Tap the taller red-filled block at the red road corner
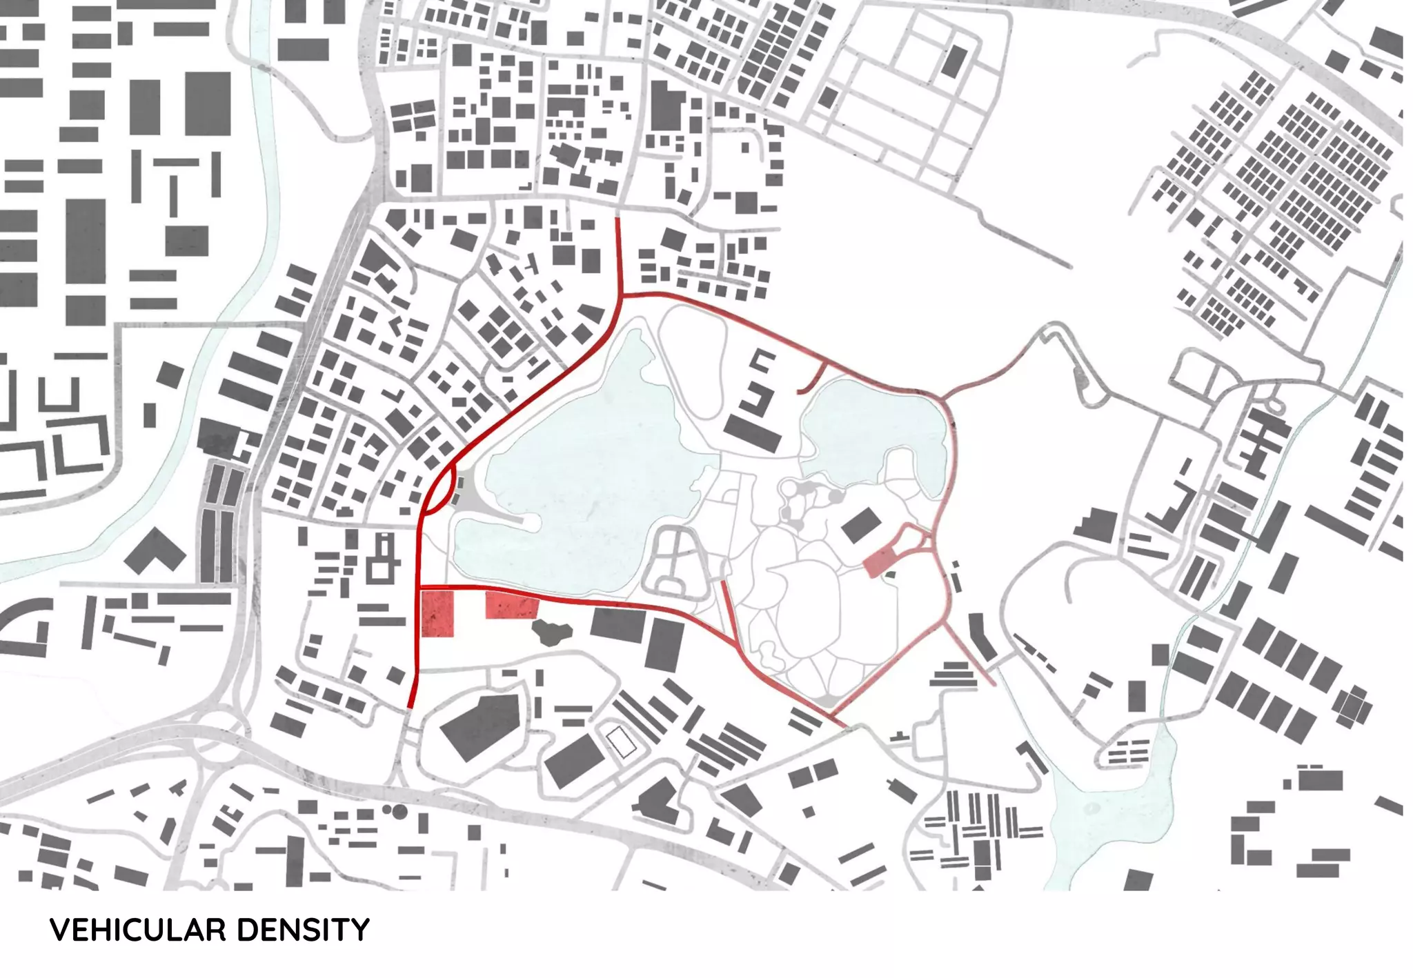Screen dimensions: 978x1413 (x=437, y=613)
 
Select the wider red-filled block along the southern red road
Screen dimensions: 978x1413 (x=511, y=605)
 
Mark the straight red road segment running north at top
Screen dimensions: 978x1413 (x=619, y=255)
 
